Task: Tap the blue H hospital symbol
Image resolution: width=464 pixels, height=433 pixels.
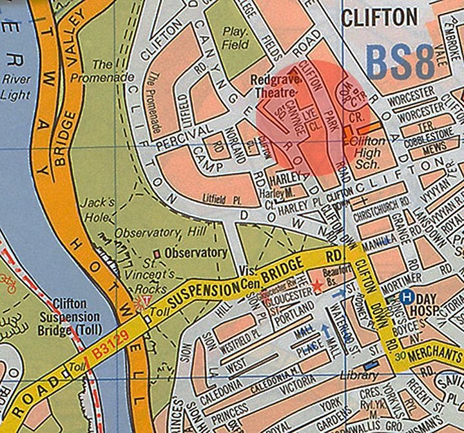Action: point(406,297)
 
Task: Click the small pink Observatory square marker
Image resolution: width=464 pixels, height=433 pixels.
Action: point(159,253)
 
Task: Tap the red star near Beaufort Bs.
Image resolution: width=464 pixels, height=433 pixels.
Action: point(316,285)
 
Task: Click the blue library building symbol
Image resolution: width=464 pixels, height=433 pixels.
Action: point(370,366)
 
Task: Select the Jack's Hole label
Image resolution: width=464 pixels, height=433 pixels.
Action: point(97,208)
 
